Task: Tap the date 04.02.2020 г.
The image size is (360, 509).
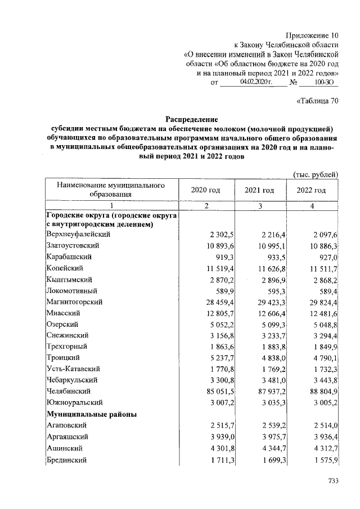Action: pos(255,82)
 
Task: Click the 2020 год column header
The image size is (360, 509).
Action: pos(206,190)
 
